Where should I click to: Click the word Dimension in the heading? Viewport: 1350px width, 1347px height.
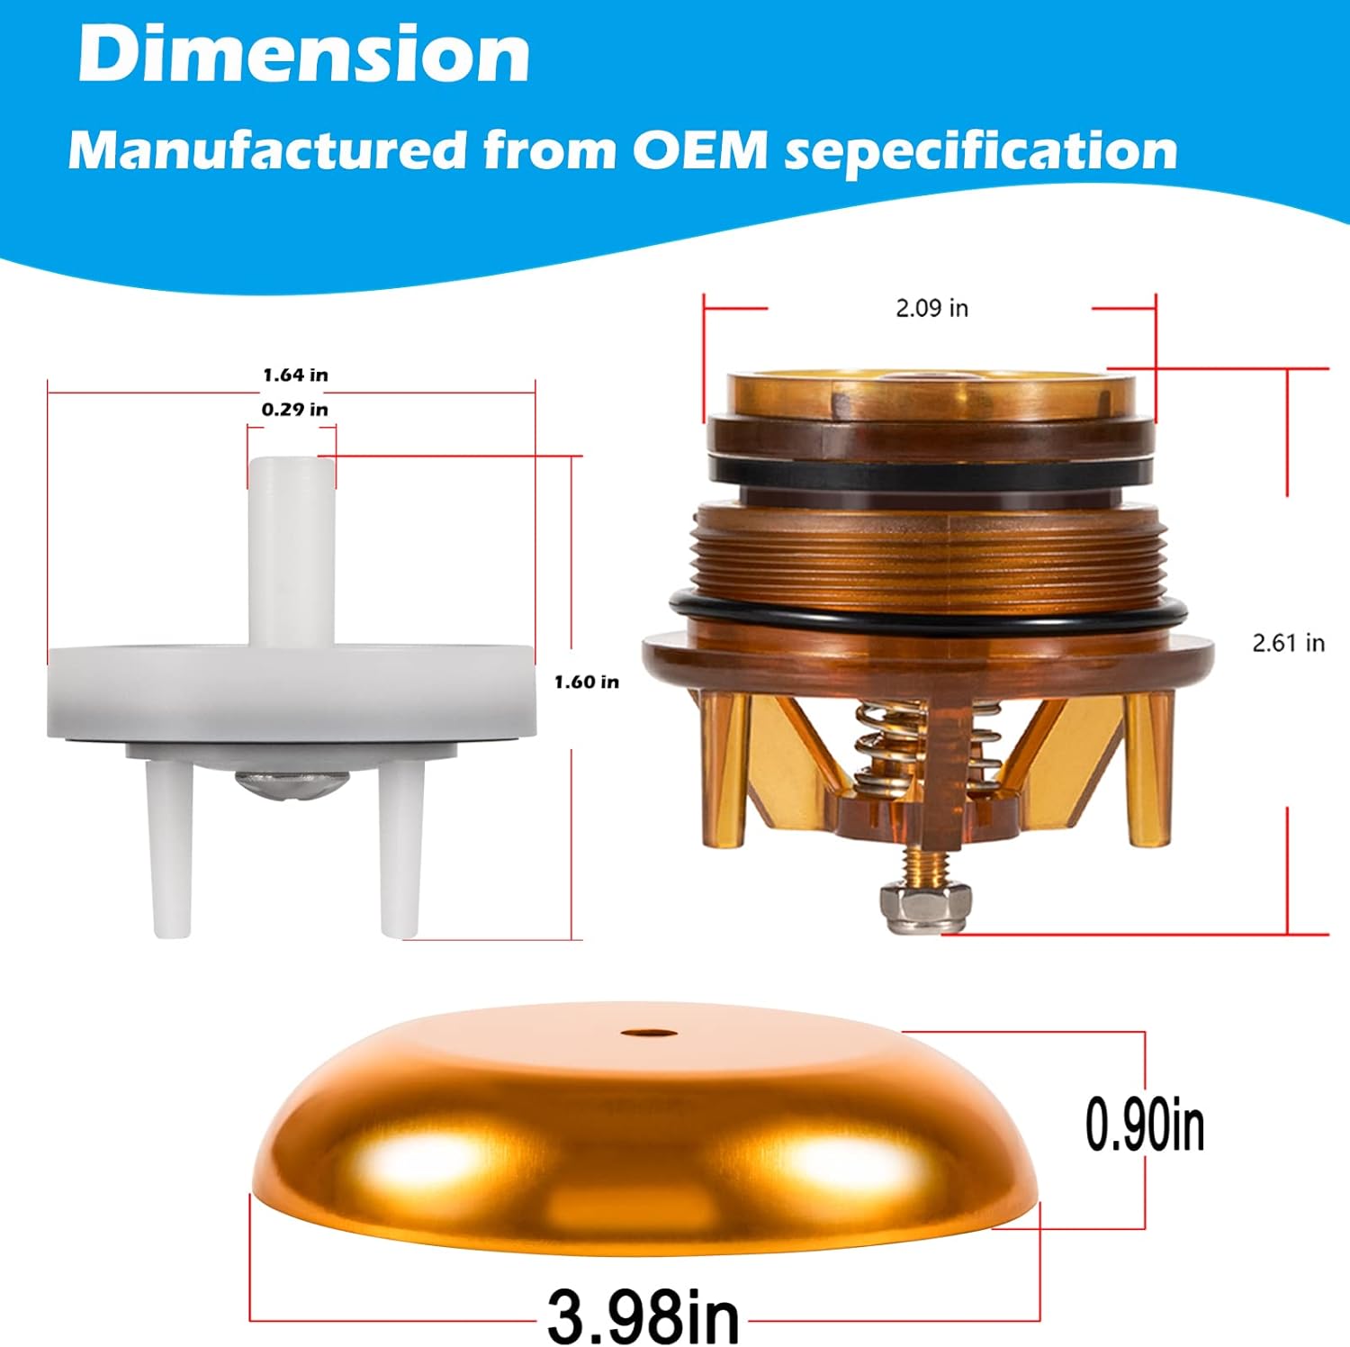click(303, 54)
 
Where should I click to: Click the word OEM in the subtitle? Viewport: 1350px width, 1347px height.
click(699, 149)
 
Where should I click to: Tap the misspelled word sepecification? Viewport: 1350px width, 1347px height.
click(980, 151)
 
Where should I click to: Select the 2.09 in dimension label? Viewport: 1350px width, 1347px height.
click(931, 308)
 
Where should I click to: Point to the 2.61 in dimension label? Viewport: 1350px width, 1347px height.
click(1288, 643)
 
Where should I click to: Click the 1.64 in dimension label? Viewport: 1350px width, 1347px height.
click(295, 375)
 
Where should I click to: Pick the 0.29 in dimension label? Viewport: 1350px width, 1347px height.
click(294, 410)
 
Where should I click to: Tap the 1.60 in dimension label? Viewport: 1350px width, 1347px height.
click(586, 682)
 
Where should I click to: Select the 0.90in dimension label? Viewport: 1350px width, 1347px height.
click(1144, 1125)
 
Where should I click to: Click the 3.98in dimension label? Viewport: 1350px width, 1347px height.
click(643, 1316)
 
